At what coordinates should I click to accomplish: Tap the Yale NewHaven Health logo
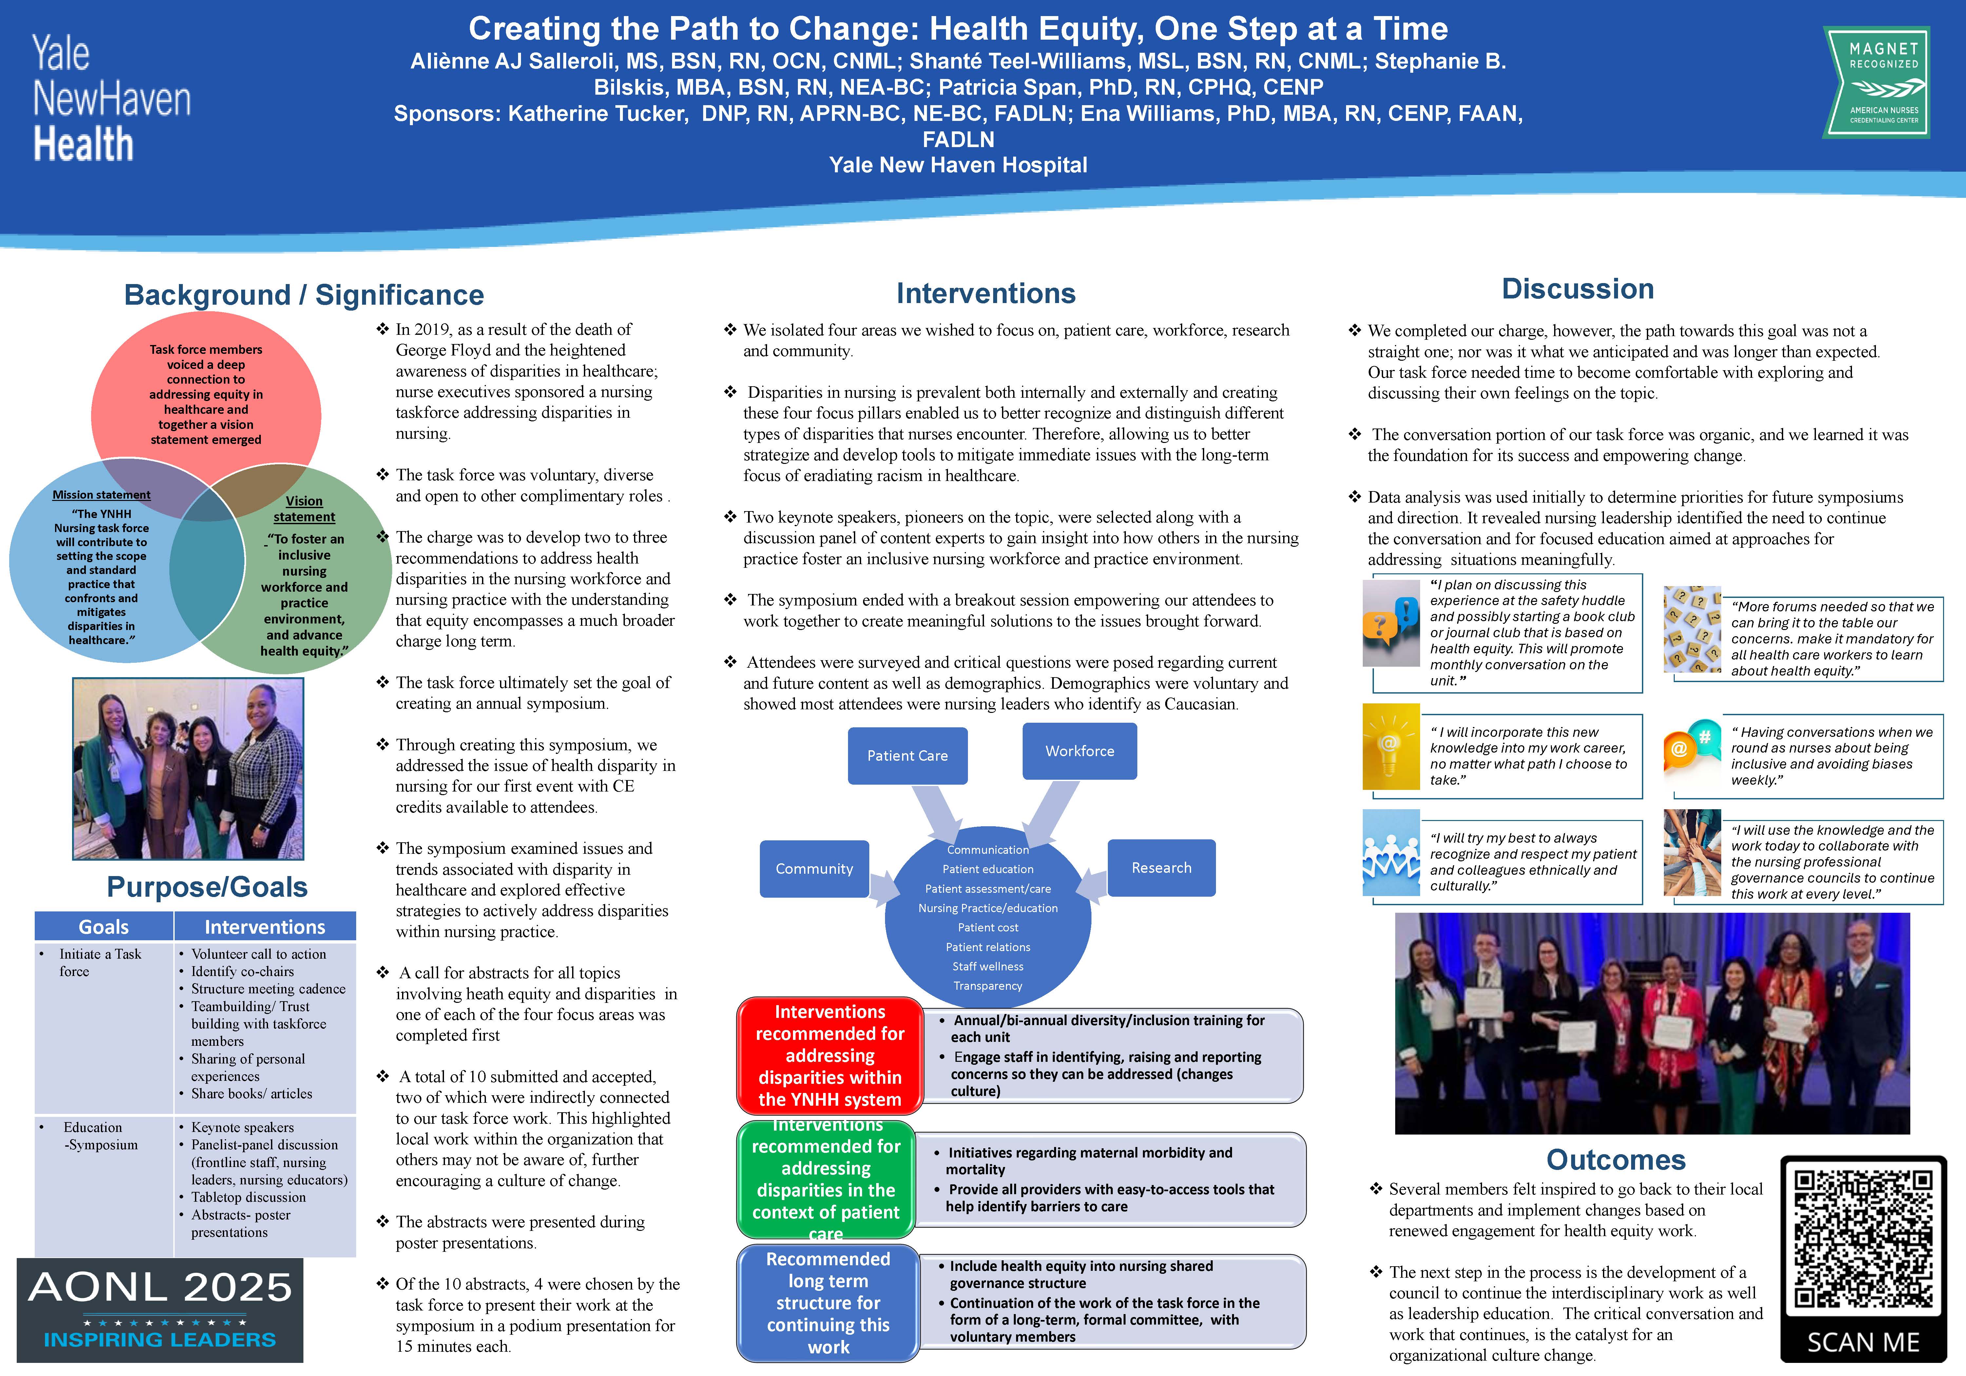click(111, 99)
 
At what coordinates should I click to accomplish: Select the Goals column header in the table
click(104, 927)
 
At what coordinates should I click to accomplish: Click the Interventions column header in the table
click(264, 927)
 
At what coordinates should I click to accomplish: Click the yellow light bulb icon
click(1390, 746)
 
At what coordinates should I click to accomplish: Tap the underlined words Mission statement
click(101, 495)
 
